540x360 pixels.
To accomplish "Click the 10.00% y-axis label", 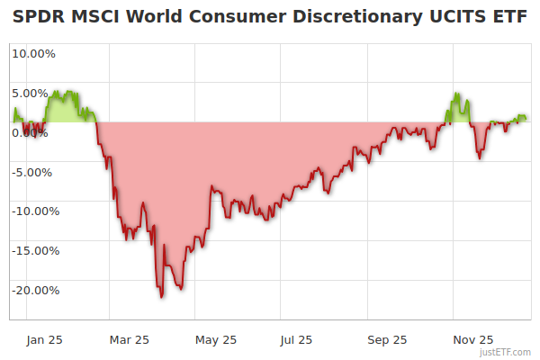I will [33, 53].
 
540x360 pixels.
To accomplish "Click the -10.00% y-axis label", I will [36, 211].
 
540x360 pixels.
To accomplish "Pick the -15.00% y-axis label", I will [36, 251].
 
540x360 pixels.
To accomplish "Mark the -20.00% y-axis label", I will [36, 291].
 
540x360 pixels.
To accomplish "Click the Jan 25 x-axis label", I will [44, 339].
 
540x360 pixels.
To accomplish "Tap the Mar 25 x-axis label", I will [129, 339].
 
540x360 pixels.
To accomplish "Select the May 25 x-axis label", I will [216, 339].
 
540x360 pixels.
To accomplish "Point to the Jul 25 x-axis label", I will [297, 339].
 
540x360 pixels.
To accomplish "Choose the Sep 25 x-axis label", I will [387, 339].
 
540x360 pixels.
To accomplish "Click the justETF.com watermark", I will [505, 352].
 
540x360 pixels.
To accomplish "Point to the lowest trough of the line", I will [161, 296].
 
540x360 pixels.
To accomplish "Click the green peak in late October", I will [457, 93].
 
